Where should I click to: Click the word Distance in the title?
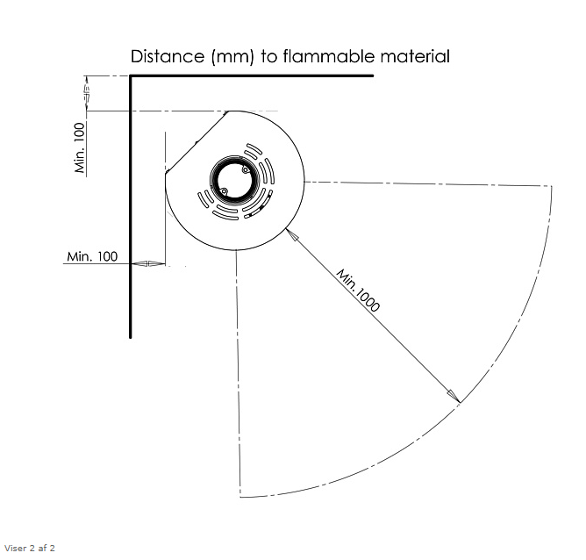(x=168, y=56)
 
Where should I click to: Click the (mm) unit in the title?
(x=232, y=57)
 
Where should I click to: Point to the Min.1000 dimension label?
(x=358, y=290)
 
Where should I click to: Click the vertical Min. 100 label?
(x=80, y=147)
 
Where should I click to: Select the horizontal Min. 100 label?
(x=92, y=256)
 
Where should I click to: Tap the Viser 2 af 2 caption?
(x=30, y=549)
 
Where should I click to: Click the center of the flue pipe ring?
(x=234, y=180)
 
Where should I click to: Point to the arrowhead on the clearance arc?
(x=454, y=396)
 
